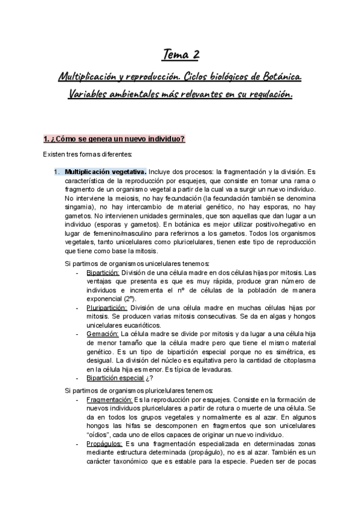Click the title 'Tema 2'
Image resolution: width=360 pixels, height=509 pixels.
[181, 56]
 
